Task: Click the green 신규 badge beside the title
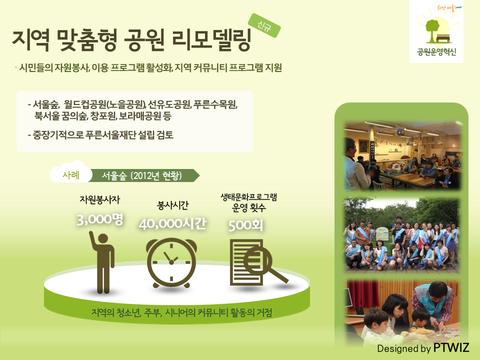click(x=264, y=25)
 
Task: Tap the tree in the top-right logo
click(x=432, y=30)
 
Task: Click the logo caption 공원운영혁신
click(x=436, y=51)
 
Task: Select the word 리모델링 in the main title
click(x=211, y=40)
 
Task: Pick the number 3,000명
click(x=100, y=219)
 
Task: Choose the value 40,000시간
click(x=172, y=224)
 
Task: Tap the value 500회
click(x=245, y=225)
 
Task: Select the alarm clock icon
click(x=171, y=262)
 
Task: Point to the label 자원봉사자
click(x=100, y=200)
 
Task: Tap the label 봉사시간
click(x=172, y=205)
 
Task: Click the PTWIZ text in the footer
click(x=451, y=348)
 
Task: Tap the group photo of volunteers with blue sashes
click(x=402, y=235)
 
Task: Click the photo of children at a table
click(x=402, y=312)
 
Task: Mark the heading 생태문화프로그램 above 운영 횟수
click(x=248, y=197)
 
